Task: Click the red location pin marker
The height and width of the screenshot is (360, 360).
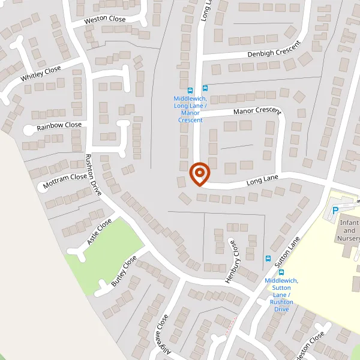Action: [x=199, y=174]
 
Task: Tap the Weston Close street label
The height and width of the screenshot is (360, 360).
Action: [x=105, y=19]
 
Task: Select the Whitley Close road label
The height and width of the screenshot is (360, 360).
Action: [x=41, y=74]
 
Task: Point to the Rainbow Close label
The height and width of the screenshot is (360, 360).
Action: [x=59, y=126]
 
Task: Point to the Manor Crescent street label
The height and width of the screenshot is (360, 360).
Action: [x=257, y=112]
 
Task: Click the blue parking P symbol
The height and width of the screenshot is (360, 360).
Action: [x=335, y=211]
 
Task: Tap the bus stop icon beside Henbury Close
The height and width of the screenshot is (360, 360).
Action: [x=268, y=259]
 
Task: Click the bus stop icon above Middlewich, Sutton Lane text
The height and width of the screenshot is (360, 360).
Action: [x=281, y=272]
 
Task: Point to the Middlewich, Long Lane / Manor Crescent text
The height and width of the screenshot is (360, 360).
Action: [x=191, y=109]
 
